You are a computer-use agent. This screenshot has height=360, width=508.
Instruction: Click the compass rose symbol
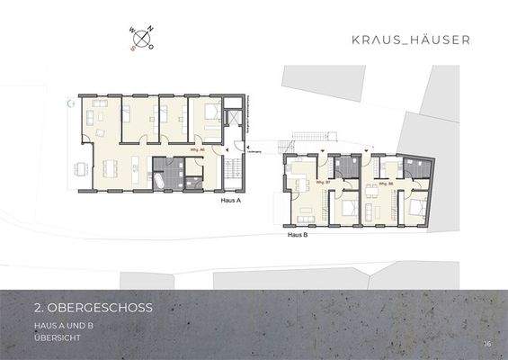(x=142, y=37)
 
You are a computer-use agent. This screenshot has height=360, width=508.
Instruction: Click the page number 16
(x=486, y=343)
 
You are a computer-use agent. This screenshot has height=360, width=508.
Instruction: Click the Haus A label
(x=232, y=202)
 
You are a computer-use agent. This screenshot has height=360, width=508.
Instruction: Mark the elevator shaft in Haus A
(x=232, y=118)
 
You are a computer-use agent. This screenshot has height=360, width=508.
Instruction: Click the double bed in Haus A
(x=209, y=114)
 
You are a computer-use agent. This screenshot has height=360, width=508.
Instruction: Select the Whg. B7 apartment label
(x=321, y=183)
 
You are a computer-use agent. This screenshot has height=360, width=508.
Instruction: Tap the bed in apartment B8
(x=414, y=206)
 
